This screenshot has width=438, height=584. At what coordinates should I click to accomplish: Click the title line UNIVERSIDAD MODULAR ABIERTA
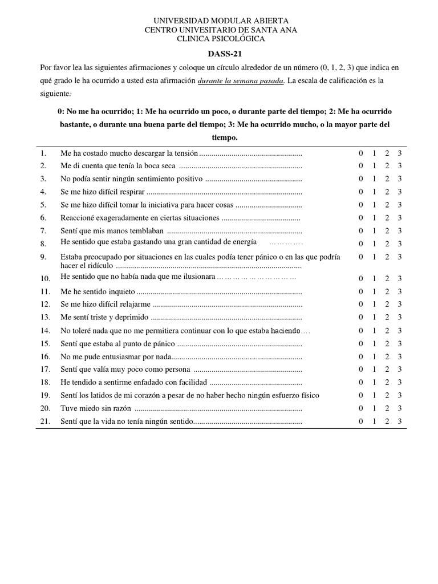click(220, 21)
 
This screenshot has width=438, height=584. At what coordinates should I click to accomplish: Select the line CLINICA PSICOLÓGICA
click(220, 39)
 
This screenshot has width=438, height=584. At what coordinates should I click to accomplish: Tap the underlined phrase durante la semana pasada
click(240, 80)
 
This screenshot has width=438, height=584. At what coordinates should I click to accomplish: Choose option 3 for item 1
click(400, 153)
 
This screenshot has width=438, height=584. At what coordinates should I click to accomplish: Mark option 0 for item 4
click(360, 192)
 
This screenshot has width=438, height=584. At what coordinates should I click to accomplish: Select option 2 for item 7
click(387, 230)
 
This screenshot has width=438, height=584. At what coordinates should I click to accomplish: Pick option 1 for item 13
click(374, 317)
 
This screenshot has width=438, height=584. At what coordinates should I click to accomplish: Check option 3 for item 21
click(400, 421)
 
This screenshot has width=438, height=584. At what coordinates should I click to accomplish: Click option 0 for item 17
click(360, 369)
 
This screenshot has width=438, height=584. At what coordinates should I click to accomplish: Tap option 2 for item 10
click(387, 278)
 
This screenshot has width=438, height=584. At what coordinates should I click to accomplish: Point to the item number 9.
click(43, 257)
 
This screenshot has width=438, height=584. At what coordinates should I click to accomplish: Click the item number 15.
click(46, 343)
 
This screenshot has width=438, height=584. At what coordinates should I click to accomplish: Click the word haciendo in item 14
click(285, 331)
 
